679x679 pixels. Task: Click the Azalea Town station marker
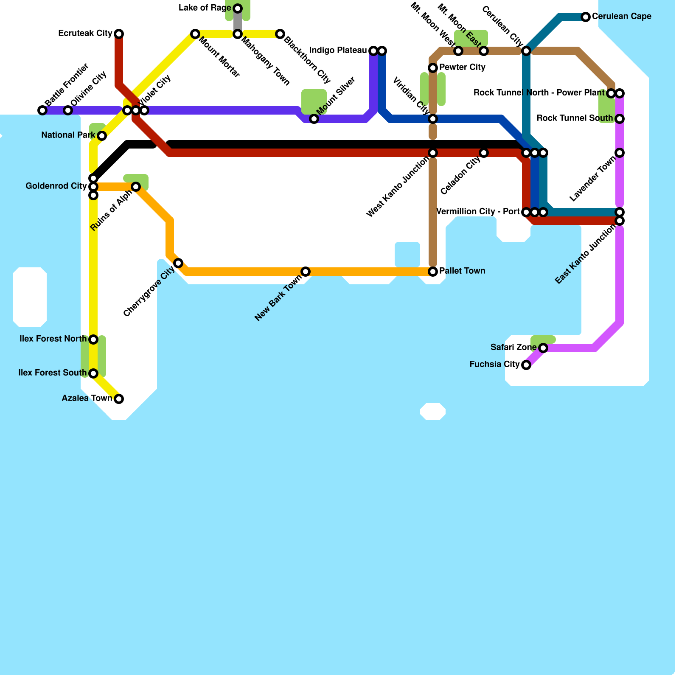pos(119,399)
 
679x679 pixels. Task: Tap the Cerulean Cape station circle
pos(586,17)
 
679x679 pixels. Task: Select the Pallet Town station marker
pos(433,272)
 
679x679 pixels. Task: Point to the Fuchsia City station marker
pos(526,365)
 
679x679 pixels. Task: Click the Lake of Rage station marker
pos(238,8)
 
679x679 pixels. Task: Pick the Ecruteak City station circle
pos(119,34)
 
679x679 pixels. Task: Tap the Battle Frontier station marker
pos(42,110)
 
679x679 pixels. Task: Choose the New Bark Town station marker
pos(306,272)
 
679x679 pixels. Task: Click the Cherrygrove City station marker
pos(178,263)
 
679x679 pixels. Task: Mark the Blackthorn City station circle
pos(280,34)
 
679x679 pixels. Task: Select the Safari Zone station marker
pos(543,348)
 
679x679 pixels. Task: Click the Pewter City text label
pos(462,67)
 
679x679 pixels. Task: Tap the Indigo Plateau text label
pos(338,51)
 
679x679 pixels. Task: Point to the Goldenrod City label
pos(56,186)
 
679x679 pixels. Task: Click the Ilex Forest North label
pos(53,339)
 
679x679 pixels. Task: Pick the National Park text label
pos(68,135)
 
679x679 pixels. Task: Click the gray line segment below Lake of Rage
pos(238,21)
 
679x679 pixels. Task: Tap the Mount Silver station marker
pos(314,119)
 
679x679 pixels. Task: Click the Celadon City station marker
pos(484,153)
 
